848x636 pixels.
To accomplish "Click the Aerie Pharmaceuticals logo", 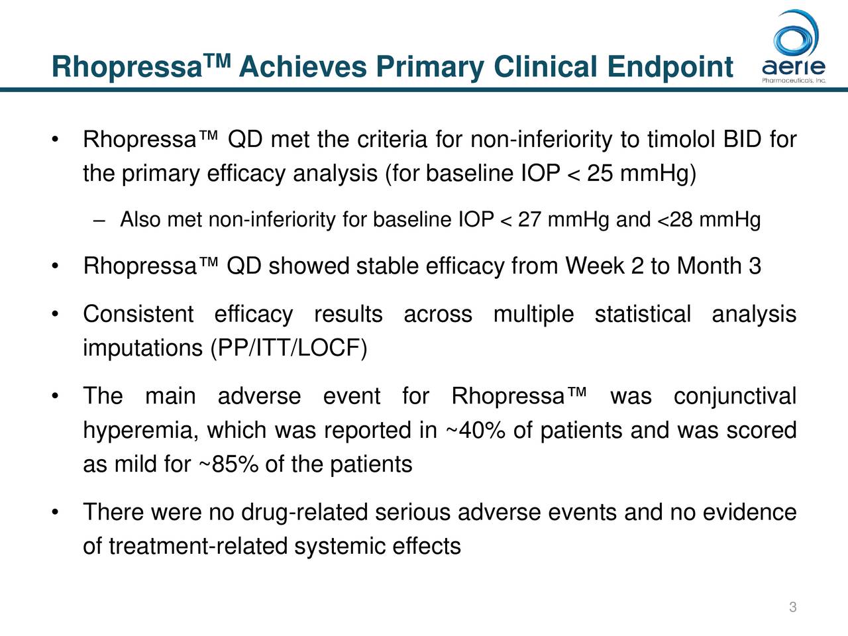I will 793,46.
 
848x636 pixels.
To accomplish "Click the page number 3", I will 792,608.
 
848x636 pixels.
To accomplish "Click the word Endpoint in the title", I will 670,68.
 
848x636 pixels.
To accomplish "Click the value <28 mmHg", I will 708,219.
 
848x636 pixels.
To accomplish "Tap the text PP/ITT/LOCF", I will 288,348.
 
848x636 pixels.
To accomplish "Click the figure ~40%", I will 474,431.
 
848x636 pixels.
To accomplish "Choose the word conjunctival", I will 735,397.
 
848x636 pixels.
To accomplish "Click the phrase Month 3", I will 719,266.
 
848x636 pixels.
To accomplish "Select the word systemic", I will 339,547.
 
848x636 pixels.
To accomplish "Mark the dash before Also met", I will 99,220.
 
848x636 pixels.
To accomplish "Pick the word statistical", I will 643,314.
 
